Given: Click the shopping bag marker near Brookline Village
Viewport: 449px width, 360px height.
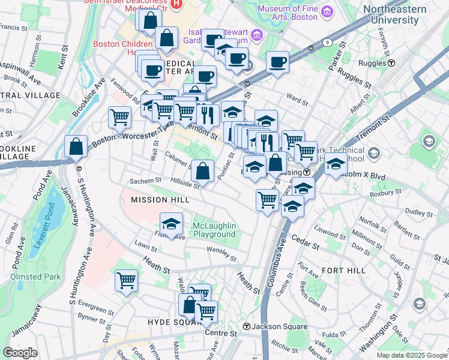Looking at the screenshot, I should [x=77, y=146].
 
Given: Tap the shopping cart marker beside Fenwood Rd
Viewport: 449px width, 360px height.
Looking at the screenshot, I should [x=119, y=116].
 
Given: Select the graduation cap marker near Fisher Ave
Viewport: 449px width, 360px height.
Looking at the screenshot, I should [x=171, y=224].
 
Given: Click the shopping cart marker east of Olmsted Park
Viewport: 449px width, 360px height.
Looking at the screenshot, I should [x=126, y=280].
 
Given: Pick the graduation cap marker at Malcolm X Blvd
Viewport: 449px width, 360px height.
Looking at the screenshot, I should [x=336, y=163].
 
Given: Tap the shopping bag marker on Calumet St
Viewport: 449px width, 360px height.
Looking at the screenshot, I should [x=203, y=171].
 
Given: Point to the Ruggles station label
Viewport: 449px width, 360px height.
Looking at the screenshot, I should [x=377, y=62].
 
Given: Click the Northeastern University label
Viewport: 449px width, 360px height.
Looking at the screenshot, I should [x=394, y=15].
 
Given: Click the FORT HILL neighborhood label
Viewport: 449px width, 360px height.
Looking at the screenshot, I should [x=343, y=271].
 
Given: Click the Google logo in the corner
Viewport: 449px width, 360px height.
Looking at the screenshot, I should [x=20, y=353].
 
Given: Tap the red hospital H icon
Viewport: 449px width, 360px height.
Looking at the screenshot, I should [x=176, y=4].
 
